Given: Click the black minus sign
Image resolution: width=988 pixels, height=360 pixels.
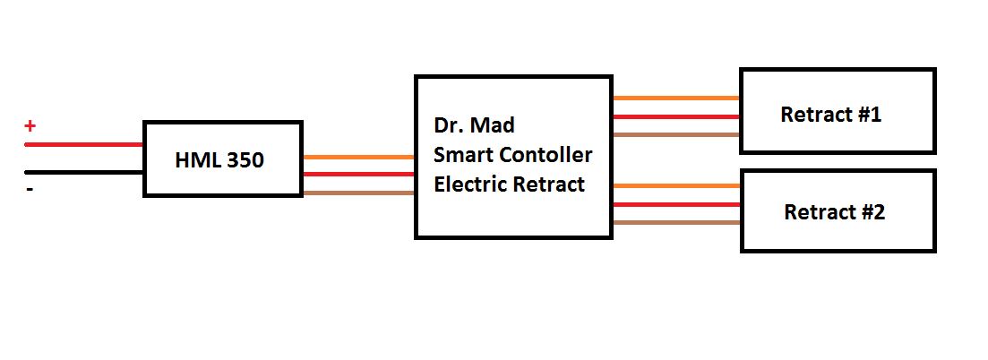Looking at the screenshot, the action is click(30, 189).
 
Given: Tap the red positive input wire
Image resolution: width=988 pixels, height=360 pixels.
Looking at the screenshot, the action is click(84, 145).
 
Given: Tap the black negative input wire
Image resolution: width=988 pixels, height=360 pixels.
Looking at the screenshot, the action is click(84, 172).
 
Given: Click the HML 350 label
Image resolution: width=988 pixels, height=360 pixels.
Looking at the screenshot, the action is click(219, 160).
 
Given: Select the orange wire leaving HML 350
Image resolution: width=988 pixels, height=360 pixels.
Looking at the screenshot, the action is click(358, 157).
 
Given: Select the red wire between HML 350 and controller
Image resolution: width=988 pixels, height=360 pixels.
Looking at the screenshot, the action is click(358, 174).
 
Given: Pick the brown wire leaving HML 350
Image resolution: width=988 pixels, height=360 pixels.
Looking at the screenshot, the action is click(358, 193).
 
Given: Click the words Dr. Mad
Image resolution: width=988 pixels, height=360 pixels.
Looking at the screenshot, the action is click(474, 125).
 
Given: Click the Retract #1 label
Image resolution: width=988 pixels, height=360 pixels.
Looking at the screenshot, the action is click(830, 115).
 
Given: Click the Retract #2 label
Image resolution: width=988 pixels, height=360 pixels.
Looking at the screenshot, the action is click(834, 212).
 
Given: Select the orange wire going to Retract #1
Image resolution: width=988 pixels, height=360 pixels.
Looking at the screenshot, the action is click(676, 99).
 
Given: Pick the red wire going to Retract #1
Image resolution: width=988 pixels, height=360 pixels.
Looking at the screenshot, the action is click(676, 116).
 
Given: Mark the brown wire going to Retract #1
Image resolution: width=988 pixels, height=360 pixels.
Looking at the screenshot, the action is click(676, 135).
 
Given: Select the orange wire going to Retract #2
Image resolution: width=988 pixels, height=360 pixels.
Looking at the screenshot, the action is click(676, 186).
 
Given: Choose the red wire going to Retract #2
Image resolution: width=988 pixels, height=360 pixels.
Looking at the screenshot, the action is click(676, 204).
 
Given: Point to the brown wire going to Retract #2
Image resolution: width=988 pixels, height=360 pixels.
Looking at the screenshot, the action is click(676, 223).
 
